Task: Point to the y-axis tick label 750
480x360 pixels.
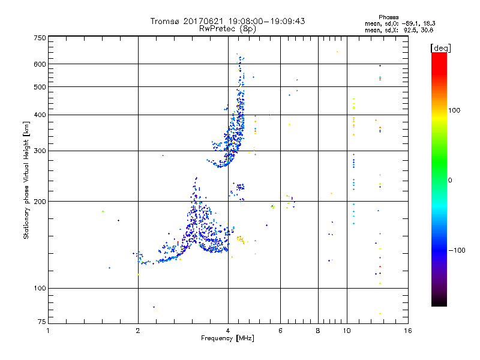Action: click(40, 38)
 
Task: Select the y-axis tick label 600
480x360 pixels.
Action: click(40, 64)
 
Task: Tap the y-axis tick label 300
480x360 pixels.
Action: click(40, 151)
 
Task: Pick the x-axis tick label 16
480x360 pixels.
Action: click(407, 331)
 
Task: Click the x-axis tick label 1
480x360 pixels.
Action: click(48, 331)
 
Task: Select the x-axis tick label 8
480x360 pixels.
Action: click(318, 331)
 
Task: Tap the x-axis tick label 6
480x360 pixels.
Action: click(280, 331)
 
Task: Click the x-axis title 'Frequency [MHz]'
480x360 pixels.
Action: click(228, 339)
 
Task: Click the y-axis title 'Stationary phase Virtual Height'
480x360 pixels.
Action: click(26, 180)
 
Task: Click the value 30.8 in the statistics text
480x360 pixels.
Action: click(426, 29)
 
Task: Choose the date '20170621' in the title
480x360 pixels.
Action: click(206, 21)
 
